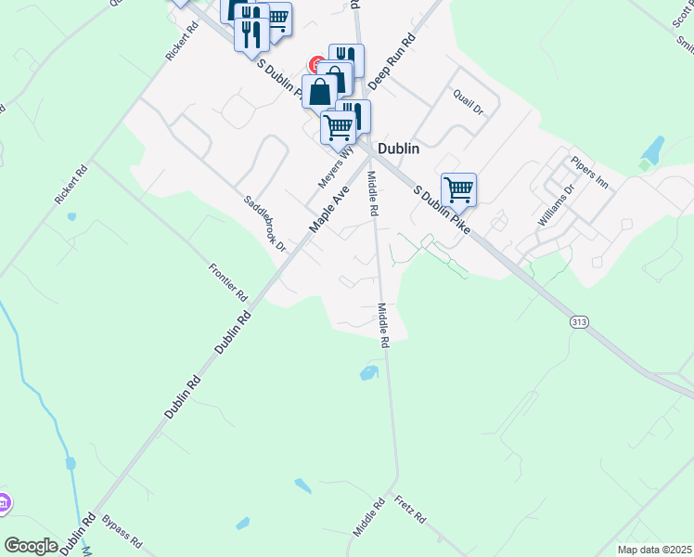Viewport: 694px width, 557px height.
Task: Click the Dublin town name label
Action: (398, 149)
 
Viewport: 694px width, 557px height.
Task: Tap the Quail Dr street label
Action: (469, 100)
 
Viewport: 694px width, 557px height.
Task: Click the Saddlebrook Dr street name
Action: (265, 224)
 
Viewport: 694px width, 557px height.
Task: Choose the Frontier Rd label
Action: (228, 281)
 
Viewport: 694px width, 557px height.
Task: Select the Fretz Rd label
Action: (409, 511)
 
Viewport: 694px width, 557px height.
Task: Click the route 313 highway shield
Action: (579, 322)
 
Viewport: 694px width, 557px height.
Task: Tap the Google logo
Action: (32, 546)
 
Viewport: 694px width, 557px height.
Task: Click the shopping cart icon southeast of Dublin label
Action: (458, 189)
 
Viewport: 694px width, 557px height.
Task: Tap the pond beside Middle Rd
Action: (368, 373)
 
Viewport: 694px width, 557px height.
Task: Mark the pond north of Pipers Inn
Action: (653, 149)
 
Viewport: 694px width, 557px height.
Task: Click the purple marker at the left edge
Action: (4, 502)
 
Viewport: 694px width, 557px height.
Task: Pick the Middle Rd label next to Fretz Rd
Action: (368, 518)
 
